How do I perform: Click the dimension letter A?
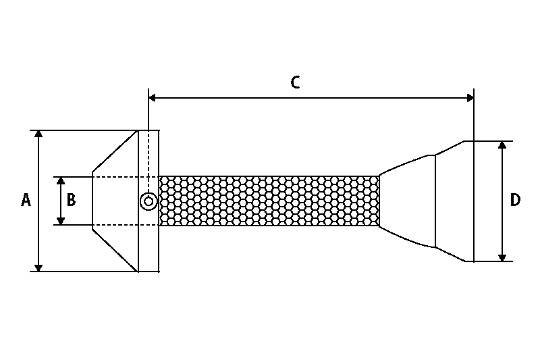pyautogui.click(x=26, y=201)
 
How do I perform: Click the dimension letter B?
pyautogui.click(x=72, y=201)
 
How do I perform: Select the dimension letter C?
pyautogui.click(x=295, y=82)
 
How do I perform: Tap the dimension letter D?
pyautogui.click(x=515, y=201)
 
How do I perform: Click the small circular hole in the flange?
pyautogui.click(x=148, y=201)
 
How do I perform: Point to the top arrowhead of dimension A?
pyautogui.click(x=39, y=134)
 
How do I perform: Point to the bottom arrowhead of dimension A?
pyautogui.click(x=39, y=267)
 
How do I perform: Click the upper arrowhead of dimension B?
pyautogui.click(x=61, y=181)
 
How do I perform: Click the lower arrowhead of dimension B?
pyautogui.click(x=61, y=220)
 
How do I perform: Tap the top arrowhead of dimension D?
pyautogui.click(x=502, y=146)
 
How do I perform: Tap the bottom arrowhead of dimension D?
pyautogui.click(x=502, y=257)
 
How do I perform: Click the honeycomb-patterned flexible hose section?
pyautogui.click(x=269, y=201)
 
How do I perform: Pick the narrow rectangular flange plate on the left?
pyautogui.click(x=148, y=162)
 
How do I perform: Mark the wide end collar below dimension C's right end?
pyautogui.click(x=454, y=201)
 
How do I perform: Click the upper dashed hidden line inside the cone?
pyautogui.click(x=115, y=177)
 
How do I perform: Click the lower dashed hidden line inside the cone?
pyautogui.click(x=115, y=225)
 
